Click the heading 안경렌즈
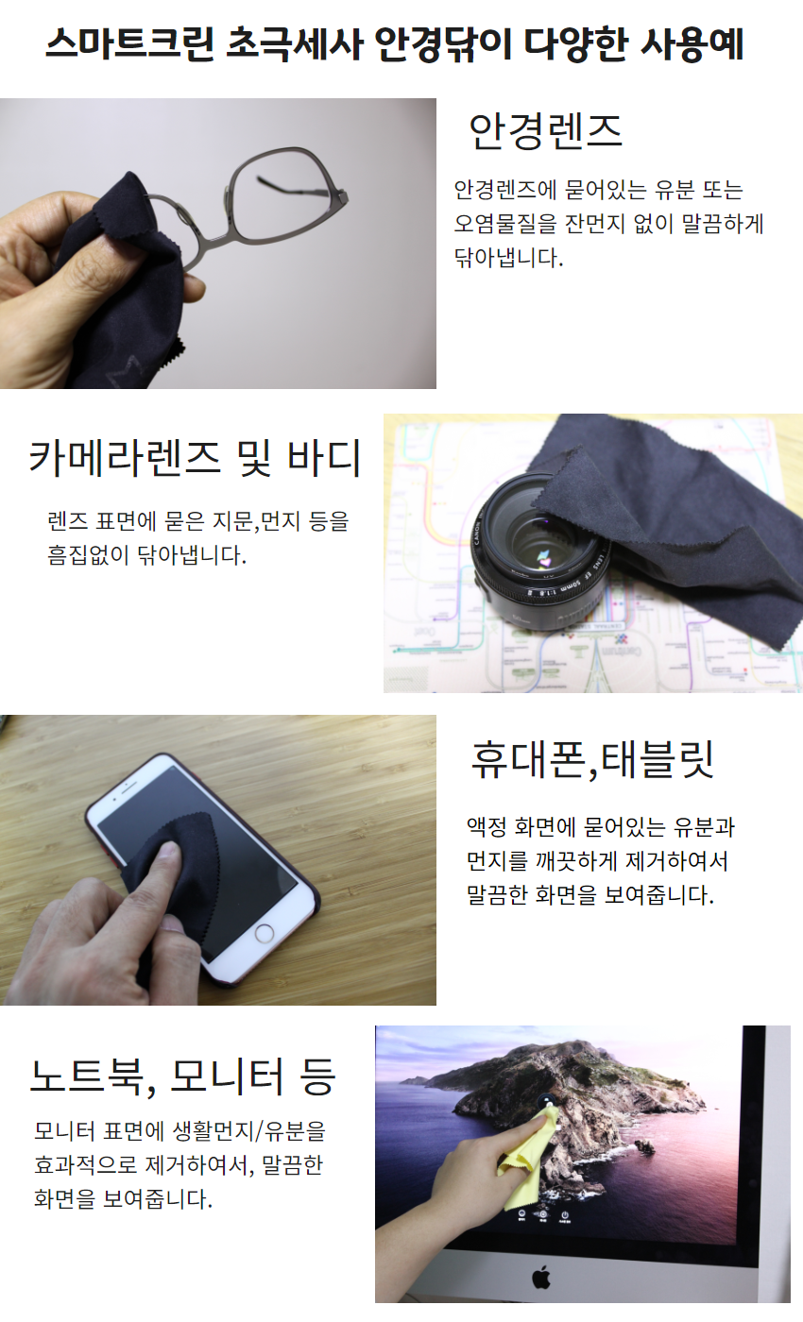pos(545,131)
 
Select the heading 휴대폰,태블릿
pos(592,759)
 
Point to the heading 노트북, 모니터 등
pos(183,1076)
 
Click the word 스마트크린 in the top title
pos(129,44)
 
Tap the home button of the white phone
pos(264,933)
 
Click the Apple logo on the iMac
pos(541,1278)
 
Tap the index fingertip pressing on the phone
pos(170,851)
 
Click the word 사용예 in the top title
pos(692,44)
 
